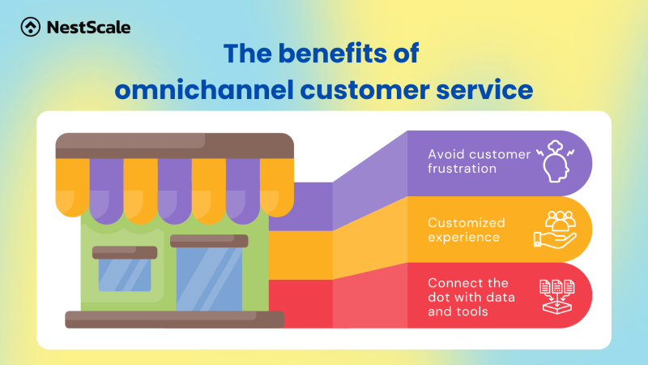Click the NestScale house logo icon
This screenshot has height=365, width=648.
point(31,28)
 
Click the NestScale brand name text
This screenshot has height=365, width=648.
point(88,28)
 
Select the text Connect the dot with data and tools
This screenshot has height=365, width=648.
point(470,297)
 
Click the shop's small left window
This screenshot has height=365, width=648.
point(123,274)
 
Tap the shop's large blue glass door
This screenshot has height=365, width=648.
point(208,278)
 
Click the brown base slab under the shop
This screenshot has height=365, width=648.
point(174,319)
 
